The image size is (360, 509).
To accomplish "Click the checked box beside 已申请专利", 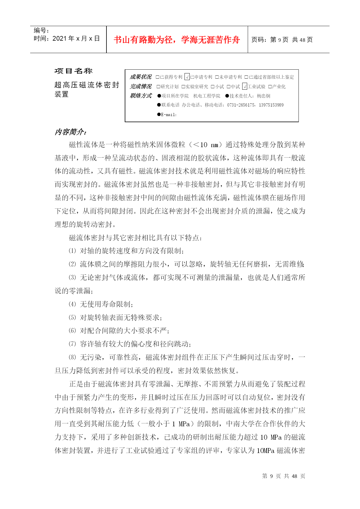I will [187, 77].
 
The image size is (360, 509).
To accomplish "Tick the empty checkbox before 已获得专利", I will [158, 77].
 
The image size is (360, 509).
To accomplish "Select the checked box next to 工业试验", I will [245, 86].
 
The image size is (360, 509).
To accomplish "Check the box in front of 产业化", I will [270, 87].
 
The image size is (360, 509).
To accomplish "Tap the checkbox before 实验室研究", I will [183, 87].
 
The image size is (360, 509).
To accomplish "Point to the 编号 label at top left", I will [41, 30].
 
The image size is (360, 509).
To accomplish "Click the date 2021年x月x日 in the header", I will [76, 39].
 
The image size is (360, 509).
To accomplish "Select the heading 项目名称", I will [73, 71].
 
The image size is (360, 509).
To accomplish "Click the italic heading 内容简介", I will [70, 132].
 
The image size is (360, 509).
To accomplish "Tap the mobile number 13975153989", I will [271, 105].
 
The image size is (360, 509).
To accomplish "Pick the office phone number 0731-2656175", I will [241, 105].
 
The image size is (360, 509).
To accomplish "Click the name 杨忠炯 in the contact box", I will [263, 96].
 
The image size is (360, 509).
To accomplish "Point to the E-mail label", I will [169, 115].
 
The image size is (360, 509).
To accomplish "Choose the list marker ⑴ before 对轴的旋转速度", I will [72, 251].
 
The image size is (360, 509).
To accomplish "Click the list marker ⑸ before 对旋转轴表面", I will [72, 317].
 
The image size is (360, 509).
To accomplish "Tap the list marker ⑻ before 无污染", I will [72, 357].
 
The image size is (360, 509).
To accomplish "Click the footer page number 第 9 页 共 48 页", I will [283, 476].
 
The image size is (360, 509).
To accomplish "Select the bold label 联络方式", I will [141, 96].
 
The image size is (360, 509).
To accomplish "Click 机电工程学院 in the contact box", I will [207, 96].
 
